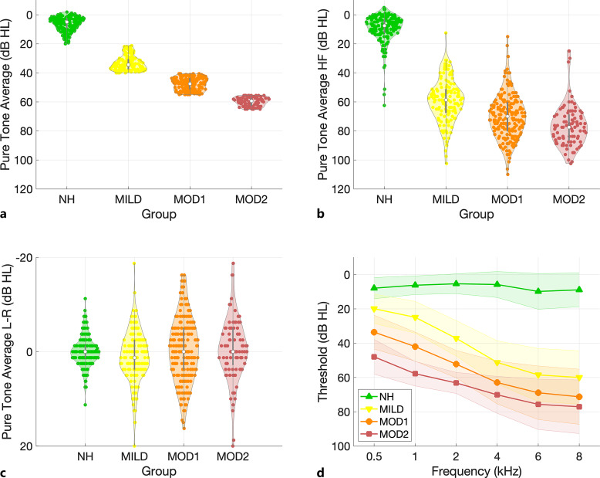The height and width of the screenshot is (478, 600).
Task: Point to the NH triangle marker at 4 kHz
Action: click(x=497, y=284)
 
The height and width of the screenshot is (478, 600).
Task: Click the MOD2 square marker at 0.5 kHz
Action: click(x=374, y=357)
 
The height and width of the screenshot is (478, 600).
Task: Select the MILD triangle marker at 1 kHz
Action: click(x=415, y=317)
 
